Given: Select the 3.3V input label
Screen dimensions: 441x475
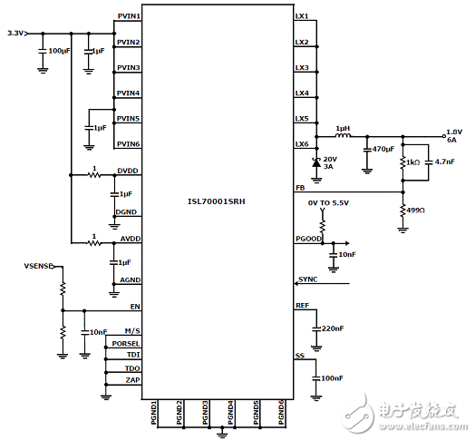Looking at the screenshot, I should pyautogui.click(x=15, y=33).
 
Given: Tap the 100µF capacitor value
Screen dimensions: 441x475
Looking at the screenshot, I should pyautogui.click(x=59, y=51).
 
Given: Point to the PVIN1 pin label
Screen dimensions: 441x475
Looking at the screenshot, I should pyautogui.click(x=128, y=17).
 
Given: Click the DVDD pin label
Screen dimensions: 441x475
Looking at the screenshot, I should pyautogui.click(x=127, y=171).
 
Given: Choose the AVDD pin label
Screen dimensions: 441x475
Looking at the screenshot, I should pyautogui.click(x=127, y=239).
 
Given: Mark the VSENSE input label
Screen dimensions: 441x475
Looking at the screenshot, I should pyautogui.click(x=38, y=267).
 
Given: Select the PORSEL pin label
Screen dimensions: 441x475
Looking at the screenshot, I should pyautogui.click(x=125, y=344).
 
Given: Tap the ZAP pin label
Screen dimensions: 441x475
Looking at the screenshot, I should pyautogui.click(x=131, y=381).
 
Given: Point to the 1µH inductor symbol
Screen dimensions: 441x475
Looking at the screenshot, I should pyautogui.click(x=344, y=137).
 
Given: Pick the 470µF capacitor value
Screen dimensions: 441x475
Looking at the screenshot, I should pyautogui.click(x=383, y=149).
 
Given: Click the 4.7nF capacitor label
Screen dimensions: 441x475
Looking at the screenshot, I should pyautogui.click(x=444, y=161).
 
